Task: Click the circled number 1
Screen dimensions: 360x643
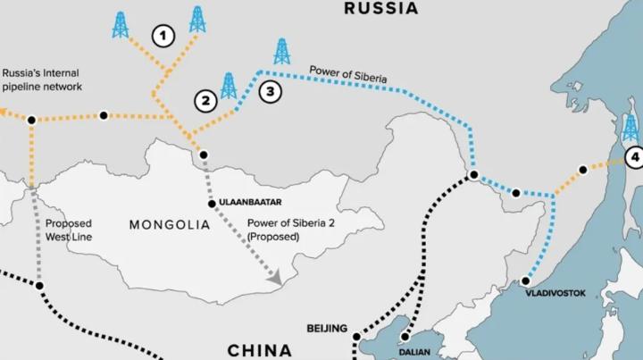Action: click(x=162, y=37)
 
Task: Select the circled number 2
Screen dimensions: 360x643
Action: click(x=205, y=100)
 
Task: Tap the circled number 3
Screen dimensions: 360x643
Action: click(x=269, y=90)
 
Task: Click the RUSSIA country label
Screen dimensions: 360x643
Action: click(x=382, y=9)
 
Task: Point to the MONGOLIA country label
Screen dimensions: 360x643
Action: click(x=170, y=224)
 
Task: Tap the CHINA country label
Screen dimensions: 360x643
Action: click(x=259, y=349)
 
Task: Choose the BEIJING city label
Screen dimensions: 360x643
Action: click(x=326, y=329)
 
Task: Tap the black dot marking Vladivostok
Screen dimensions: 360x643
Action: click(x=526, y=281)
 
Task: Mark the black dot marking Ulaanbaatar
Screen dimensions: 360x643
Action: click(x=212, y=204)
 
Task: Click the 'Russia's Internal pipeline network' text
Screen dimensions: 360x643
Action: click(x=42, y=80)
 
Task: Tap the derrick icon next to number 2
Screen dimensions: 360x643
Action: click(x=229, y=86)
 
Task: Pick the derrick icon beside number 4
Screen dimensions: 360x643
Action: click(x=630, y=128)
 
